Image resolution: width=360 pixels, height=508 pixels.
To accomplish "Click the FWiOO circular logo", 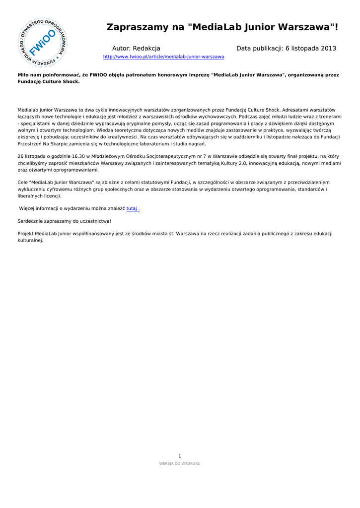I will pyautogui.click(x=43, y=43).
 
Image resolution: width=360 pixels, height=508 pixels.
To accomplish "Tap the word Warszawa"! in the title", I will pyautogui.click(x=310, y=27).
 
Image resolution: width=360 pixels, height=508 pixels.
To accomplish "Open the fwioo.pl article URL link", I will pyautogui.click(x=163, y=57).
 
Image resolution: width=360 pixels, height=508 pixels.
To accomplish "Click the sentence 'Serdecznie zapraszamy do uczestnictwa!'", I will pyautogui.click(x=65, y=221).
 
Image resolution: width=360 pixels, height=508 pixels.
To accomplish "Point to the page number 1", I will pyautogui.click(x=180, y=456).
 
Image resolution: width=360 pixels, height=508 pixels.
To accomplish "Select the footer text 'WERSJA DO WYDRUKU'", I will pyautogui.click(x=180, y=464).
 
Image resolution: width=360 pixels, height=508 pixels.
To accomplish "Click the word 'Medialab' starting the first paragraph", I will pyautogui.click(x=28, y=110).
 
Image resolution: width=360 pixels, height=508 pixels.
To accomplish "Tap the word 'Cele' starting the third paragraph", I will pyautogui.click(x=23, y=183).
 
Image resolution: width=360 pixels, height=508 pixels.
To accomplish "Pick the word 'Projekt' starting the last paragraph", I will pyautogui.click(x=26, y=234).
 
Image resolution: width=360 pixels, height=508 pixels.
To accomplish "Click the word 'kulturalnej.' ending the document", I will pyautogui.click(x=30, y=241).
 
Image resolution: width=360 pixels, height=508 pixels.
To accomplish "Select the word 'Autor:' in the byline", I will pyautogui.click(x=121, y=49).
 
